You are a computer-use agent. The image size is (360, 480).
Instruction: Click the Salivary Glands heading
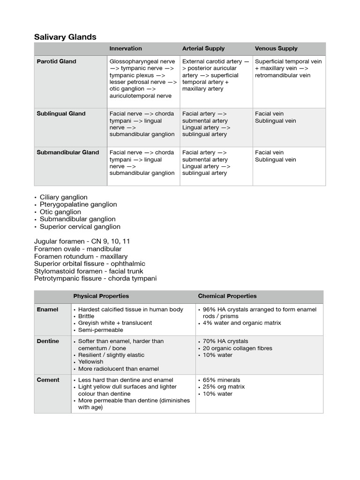point(66,37)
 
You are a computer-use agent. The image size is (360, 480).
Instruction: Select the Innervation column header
point(126,49)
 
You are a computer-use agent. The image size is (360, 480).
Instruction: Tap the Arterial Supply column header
point(203,49)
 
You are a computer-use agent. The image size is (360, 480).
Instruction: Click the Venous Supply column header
point(276,49)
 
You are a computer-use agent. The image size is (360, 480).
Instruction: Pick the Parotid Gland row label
point(56,61)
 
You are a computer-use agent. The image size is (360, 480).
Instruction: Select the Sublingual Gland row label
point(61,113)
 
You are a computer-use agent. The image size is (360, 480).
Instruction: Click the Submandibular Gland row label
point(68,152)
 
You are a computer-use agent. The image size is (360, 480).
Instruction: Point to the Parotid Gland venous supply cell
point(288,68)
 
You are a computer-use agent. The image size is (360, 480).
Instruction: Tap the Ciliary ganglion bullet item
point(63,197)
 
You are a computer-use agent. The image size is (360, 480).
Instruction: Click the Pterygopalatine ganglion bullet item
point(78,204)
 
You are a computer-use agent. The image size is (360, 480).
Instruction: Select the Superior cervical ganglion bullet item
point(80,226)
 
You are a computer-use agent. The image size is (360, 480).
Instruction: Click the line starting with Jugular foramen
point(82,241)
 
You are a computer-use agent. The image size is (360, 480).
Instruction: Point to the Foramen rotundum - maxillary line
point(81,256)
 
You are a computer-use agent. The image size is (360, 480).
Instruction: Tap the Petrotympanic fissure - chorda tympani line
point(96,278)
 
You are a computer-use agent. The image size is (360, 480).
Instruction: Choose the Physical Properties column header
point(101,296)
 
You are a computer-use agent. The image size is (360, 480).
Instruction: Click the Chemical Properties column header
point(227,296)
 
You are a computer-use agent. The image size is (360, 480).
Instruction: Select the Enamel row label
point(47,310)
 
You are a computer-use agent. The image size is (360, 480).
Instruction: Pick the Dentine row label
point(48,341)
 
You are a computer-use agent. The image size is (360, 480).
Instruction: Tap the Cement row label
point(48,380)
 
